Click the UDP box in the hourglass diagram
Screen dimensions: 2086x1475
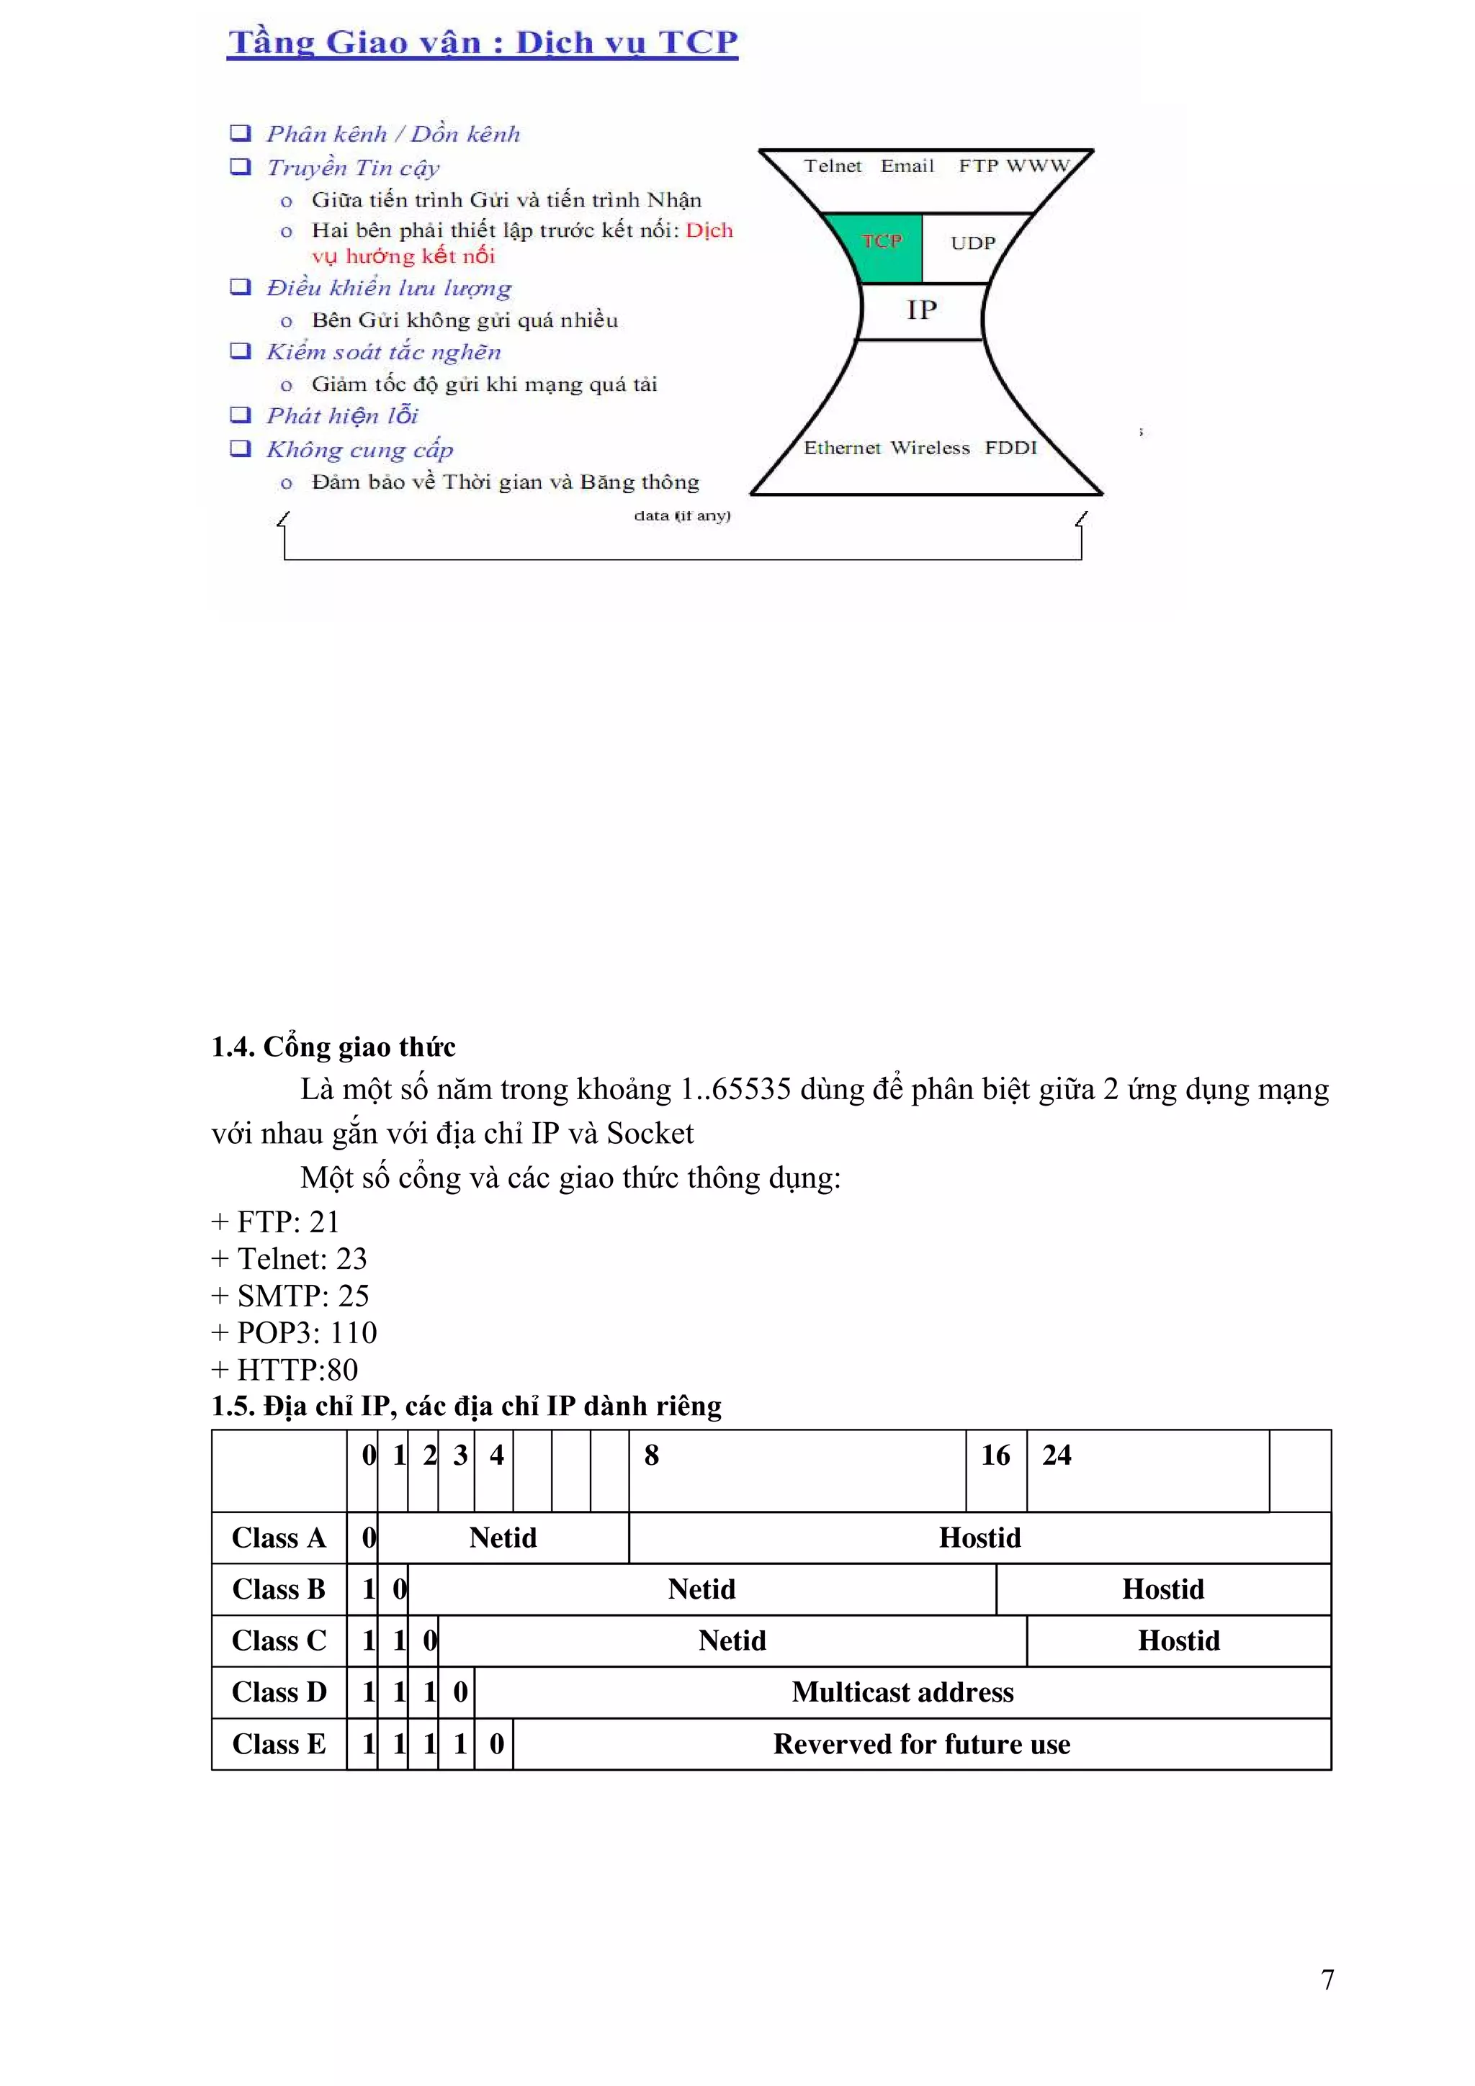972,243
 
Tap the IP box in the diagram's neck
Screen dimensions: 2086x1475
922,311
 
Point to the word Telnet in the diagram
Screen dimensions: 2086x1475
833,166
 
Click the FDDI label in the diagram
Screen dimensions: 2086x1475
1010,448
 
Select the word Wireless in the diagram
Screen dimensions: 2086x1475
930,448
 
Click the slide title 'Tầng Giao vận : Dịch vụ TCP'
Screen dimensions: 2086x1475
483,42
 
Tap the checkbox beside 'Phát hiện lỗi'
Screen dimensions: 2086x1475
240,415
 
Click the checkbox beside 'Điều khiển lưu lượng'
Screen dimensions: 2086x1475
240,287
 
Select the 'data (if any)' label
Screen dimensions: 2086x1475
681,516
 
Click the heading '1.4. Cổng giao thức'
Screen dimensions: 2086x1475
333,1047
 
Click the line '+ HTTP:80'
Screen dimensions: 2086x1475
284,1369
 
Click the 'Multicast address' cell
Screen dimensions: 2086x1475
902,1692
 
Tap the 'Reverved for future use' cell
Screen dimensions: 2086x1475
922,1743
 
